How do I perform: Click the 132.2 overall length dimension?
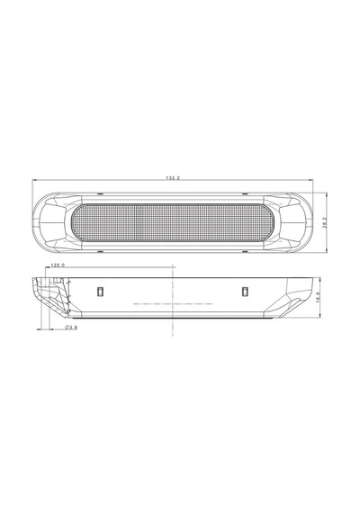(x=173, y=178)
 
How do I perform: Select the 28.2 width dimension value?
(x=324, y=222)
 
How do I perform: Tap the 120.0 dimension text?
(x=58, y=265)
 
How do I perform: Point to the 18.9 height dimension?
(x=318, y=297)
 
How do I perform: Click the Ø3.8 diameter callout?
(x=71, y=328)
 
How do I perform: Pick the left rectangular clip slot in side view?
(x=100, y=292)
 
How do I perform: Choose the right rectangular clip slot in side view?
(x=245, y=292)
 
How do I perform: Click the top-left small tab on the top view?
(x=101, y=194)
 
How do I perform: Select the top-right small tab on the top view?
(x=245, y=194)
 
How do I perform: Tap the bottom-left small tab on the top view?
(x=101, y=252)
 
